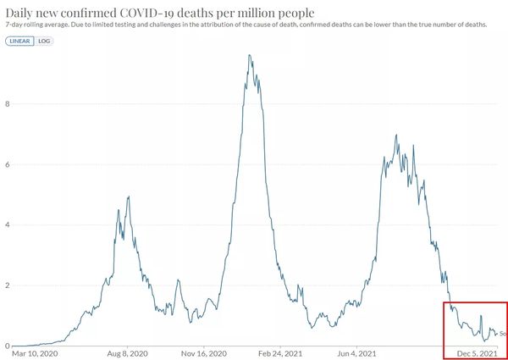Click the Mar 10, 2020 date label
36,353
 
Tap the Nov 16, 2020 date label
204,353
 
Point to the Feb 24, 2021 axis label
281,353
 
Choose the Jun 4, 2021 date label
358,353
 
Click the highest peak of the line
249,56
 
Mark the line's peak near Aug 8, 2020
128,197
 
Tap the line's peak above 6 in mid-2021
395,135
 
